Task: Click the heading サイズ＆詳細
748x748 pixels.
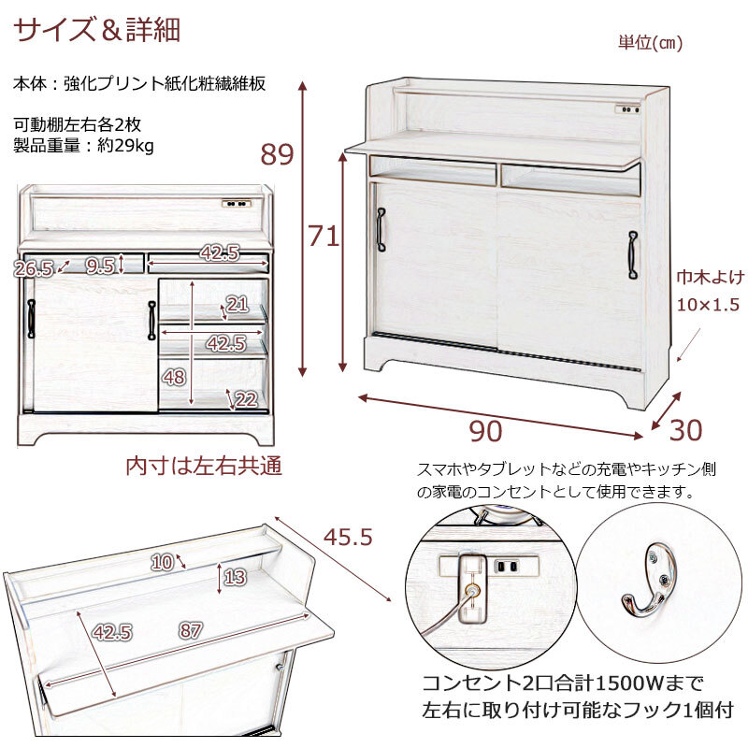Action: tap(97, 30)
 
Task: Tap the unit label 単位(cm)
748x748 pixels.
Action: tap(650, 43)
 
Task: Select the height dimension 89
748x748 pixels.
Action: tap(277, 154)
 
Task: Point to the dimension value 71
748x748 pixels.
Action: tap(324, 236)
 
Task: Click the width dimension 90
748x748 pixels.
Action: tap(485, 431)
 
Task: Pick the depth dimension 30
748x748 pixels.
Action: tap(686, 430)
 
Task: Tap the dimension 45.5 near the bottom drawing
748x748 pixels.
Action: tap(348, 537)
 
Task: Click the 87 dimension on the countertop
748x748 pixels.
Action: tap(191, 630)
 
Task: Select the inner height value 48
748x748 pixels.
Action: tap(174, 378)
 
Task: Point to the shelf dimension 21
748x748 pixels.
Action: tap(237, 305)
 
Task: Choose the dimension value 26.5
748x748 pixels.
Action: tap(34, 269)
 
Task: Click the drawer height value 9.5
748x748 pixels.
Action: tap(100, 266)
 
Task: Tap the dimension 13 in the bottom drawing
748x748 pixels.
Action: tap(235, 577)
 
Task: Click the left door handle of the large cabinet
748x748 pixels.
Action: tap(381, 229)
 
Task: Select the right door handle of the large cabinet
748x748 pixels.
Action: tap(633, 254)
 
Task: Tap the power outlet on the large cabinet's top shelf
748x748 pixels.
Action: tap(627, 109)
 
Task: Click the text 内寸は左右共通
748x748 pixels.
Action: tap(204, 466)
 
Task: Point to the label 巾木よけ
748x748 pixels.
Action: tap(711, 277)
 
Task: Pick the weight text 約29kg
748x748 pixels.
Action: tap(125, 146)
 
